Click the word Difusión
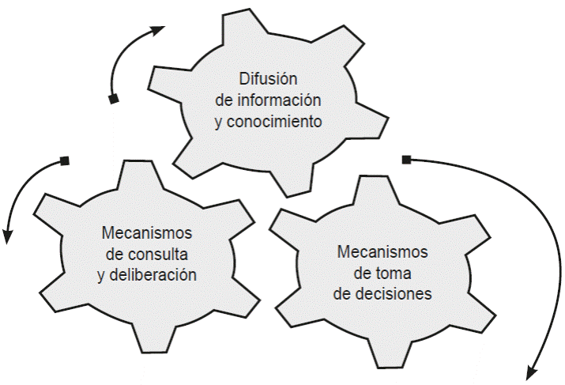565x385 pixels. [x=268, y=79]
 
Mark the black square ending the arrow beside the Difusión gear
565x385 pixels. [x=113, y=99]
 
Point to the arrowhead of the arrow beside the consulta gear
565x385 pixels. [x=9, y=235]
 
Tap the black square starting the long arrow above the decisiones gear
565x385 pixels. [x=406, y=160]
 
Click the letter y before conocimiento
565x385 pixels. [x=219, y=123]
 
